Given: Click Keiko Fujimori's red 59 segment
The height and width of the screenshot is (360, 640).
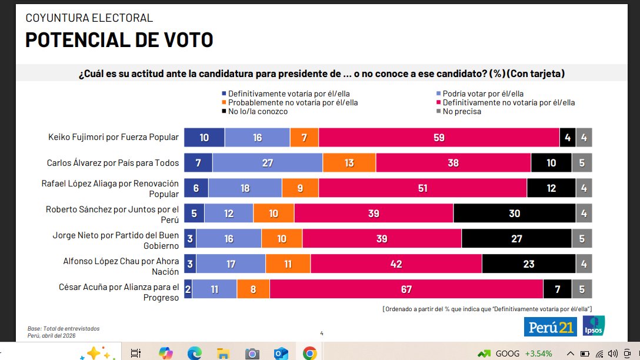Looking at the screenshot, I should (439, 137).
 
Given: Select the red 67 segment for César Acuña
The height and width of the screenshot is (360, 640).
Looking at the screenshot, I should (406, 289).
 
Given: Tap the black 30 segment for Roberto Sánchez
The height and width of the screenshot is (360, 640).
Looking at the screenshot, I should (514, 214).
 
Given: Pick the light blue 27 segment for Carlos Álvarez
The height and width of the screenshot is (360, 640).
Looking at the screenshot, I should (268, 162).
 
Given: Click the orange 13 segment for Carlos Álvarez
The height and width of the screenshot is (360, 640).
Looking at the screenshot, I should (349, 162).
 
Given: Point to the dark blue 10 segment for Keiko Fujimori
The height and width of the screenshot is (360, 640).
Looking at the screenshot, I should (204, 137).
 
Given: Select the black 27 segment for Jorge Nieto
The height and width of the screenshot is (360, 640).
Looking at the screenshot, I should (516, 239).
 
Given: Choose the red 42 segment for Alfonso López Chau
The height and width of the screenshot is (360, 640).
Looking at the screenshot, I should (396, 264).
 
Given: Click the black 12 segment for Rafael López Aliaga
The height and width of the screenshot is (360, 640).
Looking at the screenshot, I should (551, 188).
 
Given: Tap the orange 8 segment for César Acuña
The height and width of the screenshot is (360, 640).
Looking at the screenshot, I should (253, 289).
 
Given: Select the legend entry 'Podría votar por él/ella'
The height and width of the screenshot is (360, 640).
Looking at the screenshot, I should (482, 94).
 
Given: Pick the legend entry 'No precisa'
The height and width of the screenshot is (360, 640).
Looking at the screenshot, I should (461, 111).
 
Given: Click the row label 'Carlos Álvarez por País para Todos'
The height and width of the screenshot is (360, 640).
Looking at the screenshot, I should (112, 163).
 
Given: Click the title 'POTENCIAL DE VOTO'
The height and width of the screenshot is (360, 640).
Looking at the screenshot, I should (119, 40).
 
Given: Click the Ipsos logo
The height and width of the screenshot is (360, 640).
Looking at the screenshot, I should (592, 326).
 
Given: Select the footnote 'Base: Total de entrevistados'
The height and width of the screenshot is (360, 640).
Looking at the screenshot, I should (64, 328).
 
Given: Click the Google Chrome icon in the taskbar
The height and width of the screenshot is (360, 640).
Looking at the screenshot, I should (309, 353).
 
